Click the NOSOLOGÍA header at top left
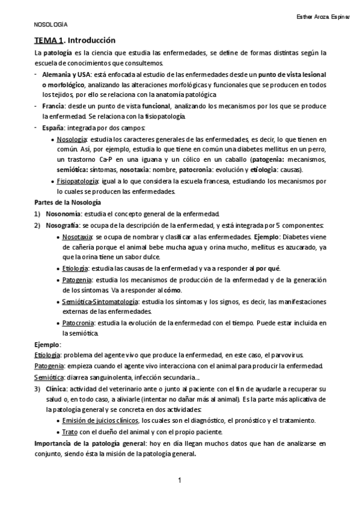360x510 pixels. click(50, 25)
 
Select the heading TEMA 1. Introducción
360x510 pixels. click(74, 40)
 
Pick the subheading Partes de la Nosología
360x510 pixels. click(67, 203)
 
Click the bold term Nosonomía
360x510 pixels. click(61, 214)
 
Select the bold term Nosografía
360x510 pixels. click(63, 225)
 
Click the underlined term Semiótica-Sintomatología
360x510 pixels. click(100, 301)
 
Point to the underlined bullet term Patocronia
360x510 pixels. click(78, 323)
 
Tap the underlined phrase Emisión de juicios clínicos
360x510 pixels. click(100, 420)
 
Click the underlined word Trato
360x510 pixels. click(69, 432)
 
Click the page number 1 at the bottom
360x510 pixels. click(180, 481)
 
